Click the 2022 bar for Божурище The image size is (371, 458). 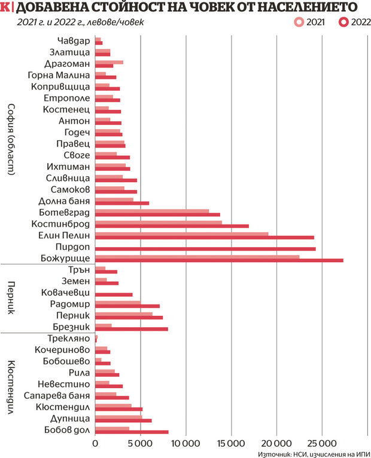[219, 260]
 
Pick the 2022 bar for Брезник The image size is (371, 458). [132, 328]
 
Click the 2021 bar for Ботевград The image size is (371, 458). [152, 211]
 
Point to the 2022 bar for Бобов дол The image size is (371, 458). [132, 432]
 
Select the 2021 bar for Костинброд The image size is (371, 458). [159, 222]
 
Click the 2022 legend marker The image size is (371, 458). [343, 22]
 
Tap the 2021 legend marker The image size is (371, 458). [299, 22]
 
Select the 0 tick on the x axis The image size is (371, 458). [96, 444]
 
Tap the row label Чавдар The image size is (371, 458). [74, 41]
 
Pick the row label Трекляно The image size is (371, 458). [68, 339]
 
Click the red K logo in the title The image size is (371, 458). [5, 8]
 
